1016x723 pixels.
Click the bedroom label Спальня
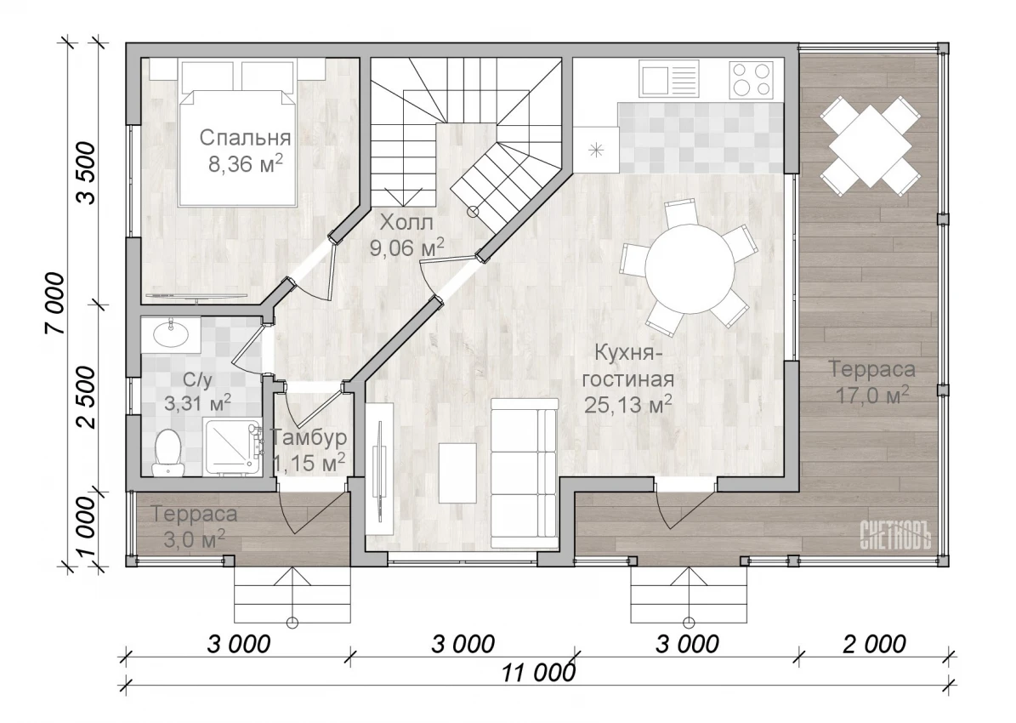pyautogui.click(x=244, y=138)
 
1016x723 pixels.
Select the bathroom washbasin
pyautogui.click(x=172, y=335)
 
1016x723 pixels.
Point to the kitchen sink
pyautogui.click(x=669, y=79)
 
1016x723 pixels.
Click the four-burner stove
pyautogui.click(x=752, y=79)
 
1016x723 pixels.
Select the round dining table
pyautogui.click(x=690, y=269)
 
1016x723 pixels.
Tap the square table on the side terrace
pyautogui.click(x=871, y=146)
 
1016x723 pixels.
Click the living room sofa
pyautogui.click(x=525, y=475)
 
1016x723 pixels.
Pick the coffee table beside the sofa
pyautogui.click(x=457, y=473)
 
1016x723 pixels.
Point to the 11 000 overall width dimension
pyautogui.click(x=538, y=673)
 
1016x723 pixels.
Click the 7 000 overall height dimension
pyautogui.click(x=56, y=304)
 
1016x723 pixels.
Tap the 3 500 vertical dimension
pyautogui.click(x=86, y=174)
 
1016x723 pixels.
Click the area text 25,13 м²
pyautogui.click(x=627, y=404)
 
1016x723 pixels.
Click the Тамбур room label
pyautogui.click(x=309, y=438)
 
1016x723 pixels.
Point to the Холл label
pyautogui.click(x=406, y=222)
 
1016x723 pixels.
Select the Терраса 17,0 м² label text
pyautogui.click(x=872, y=382)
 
